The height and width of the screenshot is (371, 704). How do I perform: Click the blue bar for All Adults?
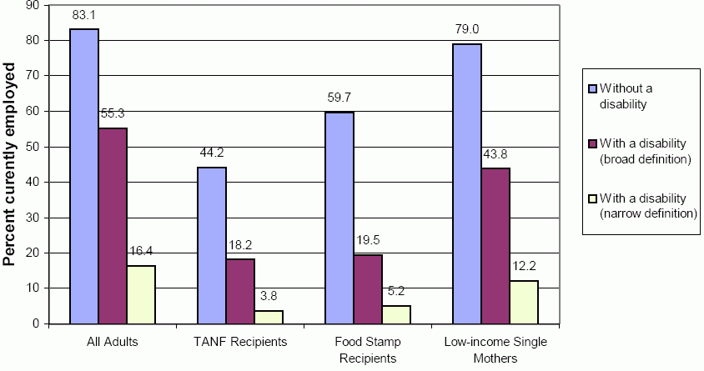click(84, 176)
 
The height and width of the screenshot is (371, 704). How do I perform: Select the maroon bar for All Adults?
click(113, 225)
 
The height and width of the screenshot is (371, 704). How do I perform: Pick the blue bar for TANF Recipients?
click(212, 245)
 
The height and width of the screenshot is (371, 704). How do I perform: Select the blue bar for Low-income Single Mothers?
click(467, 183)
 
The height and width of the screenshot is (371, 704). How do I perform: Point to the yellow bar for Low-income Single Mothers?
click(524, 302)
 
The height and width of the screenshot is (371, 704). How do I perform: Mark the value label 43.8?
click(495, 154)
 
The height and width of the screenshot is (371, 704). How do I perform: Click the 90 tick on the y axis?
click(36, 5)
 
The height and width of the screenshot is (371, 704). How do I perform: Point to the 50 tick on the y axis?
click(36, 147)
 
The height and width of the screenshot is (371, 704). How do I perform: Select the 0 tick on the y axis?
click(39, 323)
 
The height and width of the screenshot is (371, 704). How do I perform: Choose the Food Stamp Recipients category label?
click(368, 349)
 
